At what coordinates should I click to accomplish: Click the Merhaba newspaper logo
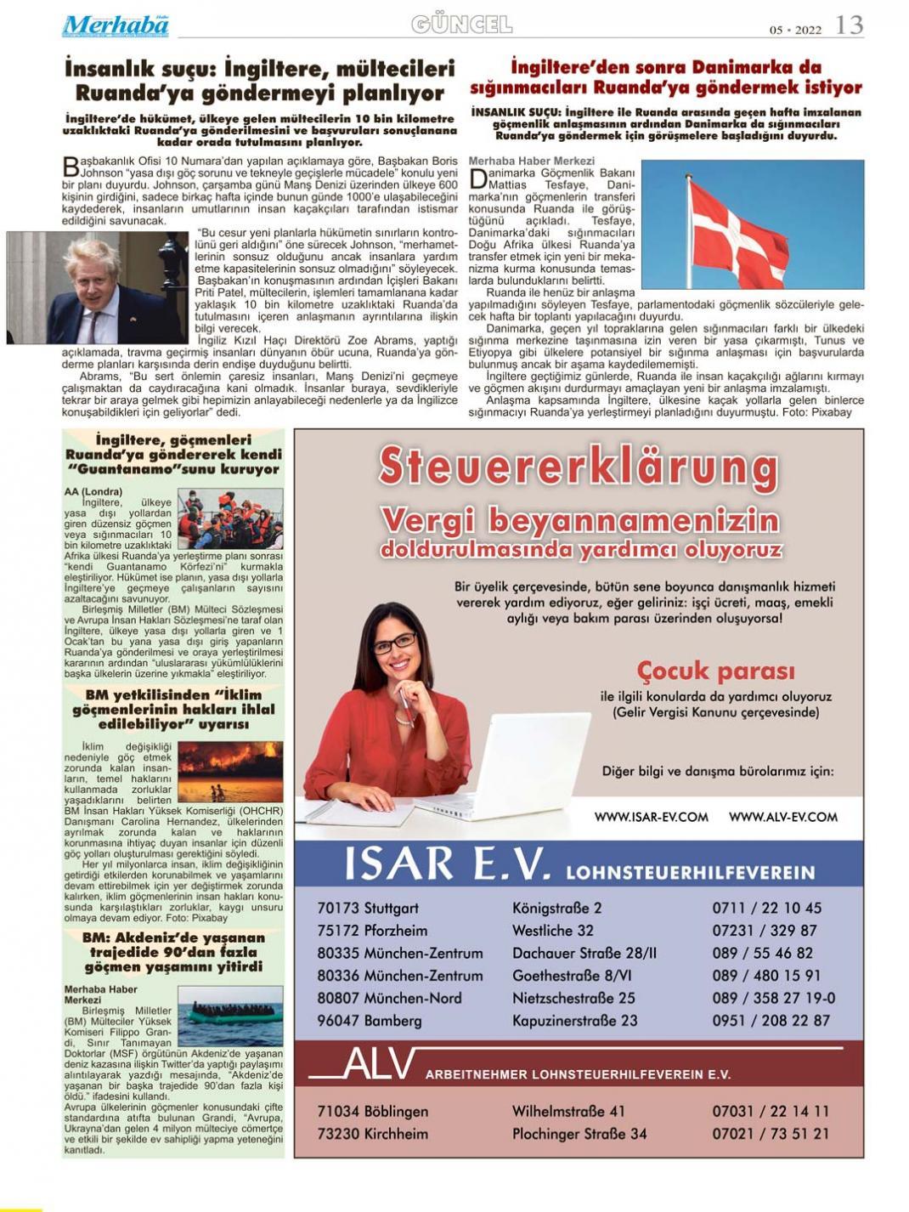point(115,25)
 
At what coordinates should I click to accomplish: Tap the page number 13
point(849,25)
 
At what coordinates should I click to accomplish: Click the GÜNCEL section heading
point(462,25)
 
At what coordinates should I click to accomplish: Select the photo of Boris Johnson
point(97,287)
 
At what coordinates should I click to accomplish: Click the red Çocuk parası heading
point(715,671)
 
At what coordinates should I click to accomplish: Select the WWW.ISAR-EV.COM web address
point(651,817)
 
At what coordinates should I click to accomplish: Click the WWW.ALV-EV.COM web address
point(782,817)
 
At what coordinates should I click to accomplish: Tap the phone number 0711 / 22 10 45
point(766,908)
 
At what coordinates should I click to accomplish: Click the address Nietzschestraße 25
point(573,998)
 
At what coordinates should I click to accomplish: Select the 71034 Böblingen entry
point(372,1111)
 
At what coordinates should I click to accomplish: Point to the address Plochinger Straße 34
point(579,1134)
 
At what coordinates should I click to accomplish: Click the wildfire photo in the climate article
point(230,771)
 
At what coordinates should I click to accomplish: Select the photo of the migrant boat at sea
point(230,1015)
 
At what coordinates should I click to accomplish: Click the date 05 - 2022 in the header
point(795,30)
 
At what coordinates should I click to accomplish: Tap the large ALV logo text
point(379,1066)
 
